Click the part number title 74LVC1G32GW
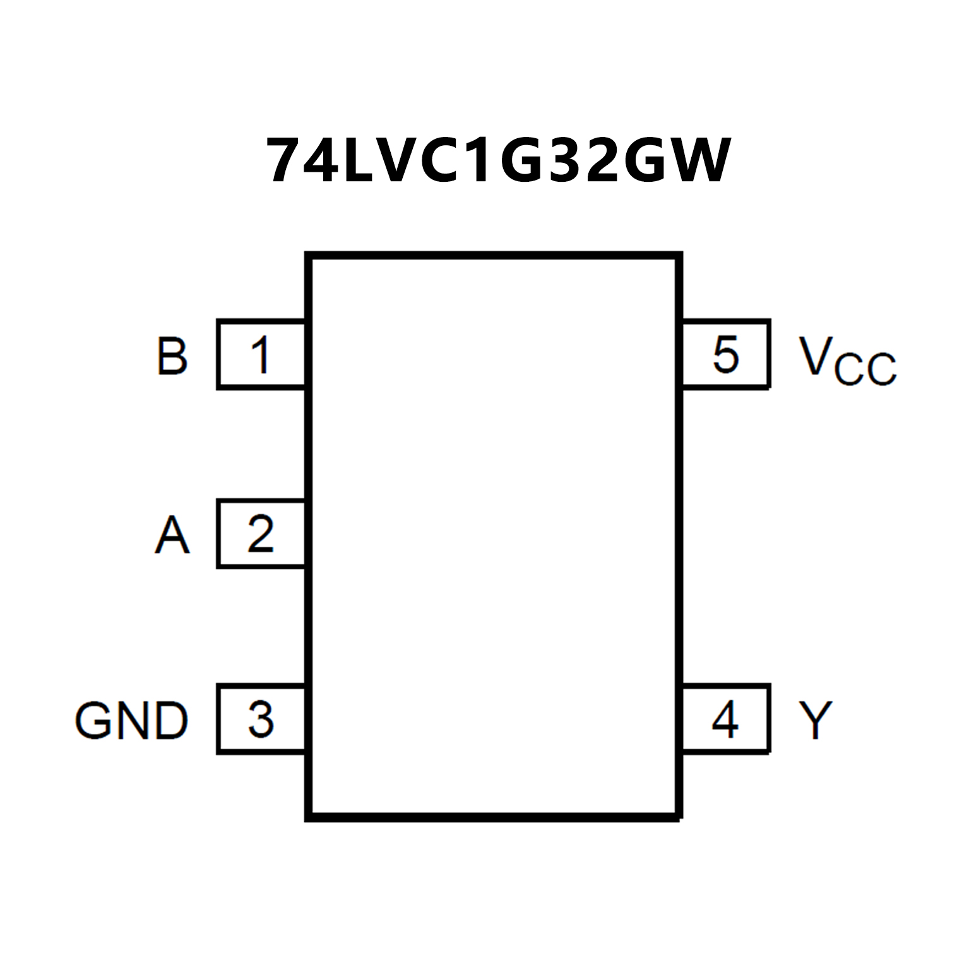[x=498, y=161]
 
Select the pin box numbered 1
[x=261, y=354]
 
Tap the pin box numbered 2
[x=261, y=534]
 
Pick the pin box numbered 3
[x=261, y=718]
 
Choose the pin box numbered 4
[x=725, y=718]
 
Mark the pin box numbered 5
[x=725, y=354]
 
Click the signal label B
[x=172, y=357]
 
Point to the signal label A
[x=172, y=535]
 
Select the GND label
[x=131, y=720]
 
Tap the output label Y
[x=816, y=720]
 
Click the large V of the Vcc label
[x=815, y=355]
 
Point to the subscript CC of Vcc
[x=865, y=369]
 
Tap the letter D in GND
[x=171, y=720]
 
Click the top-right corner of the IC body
[x=679, y=256]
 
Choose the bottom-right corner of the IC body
[x=679, y=817]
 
